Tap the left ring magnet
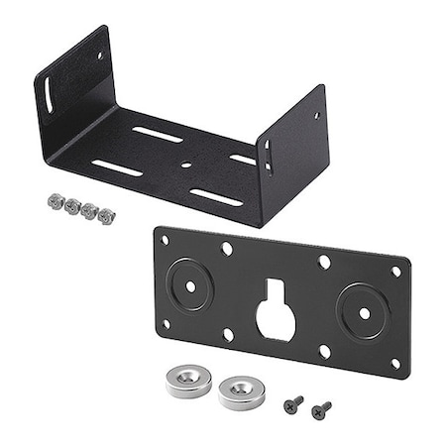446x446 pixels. [189, 380]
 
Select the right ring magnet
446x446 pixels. [241, 390]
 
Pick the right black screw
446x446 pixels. [320, 407]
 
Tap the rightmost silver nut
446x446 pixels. [104, 214]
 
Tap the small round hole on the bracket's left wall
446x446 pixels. [99, 56]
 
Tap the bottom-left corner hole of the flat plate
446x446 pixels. [165, 323]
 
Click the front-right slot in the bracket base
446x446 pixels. [215, 197]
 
